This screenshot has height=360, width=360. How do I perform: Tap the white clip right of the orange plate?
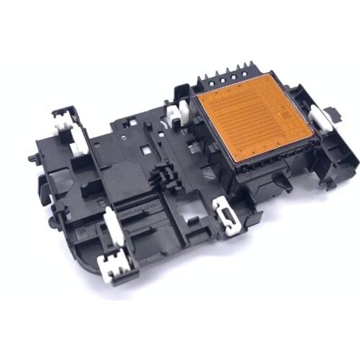click(x=321, y=118)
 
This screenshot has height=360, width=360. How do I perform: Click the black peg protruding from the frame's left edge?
click(x=32, y=158)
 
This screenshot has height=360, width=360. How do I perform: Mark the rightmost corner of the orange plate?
click(x=314, y=132)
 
